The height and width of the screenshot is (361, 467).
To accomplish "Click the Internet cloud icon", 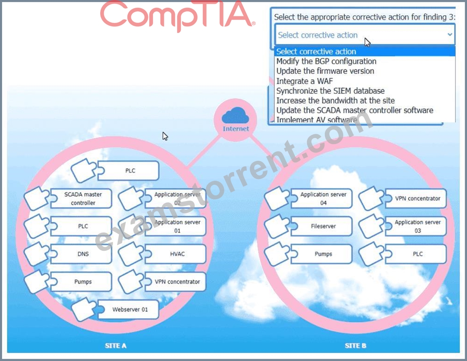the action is point(235,115).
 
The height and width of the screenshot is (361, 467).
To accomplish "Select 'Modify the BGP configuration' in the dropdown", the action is point(326,61).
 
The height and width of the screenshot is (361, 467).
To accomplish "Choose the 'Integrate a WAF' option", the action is point(305,81).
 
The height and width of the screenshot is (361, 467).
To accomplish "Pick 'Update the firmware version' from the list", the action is point(325,71).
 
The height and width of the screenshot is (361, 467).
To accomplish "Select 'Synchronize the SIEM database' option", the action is point(330,91).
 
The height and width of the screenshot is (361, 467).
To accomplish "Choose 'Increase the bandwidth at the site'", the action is point(335,101).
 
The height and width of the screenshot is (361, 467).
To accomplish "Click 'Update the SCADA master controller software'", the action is point(355,110).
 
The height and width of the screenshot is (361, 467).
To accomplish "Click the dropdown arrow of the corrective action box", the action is point(450,35).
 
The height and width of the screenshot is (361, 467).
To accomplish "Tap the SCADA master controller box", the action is point(81,199).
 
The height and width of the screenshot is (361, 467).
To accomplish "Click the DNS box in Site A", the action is point(81,254).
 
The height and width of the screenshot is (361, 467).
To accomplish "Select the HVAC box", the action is point(175,254).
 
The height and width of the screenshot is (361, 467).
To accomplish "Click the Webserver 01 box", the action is point(128,309).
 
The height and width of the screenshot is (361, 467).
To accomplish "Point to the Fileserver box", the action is point(321,226).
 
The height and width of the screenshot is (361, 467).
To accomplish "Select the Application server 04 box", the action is point(321,199).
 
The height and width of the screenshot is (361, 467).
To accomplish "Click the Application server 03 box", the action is point(416,226).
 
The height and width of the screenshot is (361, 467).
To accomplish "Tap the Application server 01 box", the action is point(175,226).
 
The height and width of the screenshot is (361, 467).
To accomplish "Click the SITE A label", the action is point(116,346).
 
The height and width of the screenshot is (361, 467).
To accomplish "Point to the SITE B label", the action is point(355,346).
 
